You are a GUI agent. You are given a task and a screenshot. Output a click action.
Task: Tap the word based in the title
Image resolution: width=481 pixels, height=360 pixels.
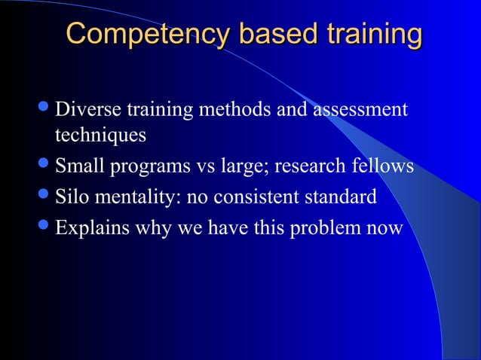(265, 35)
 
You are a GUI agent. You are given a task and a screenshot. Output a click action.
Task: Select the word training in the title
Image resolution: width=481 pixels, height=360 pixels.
(372, 35)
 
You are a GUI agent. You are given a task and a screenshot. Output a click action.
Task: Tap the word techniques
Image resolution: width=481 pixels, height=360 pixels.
(100, 136)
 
